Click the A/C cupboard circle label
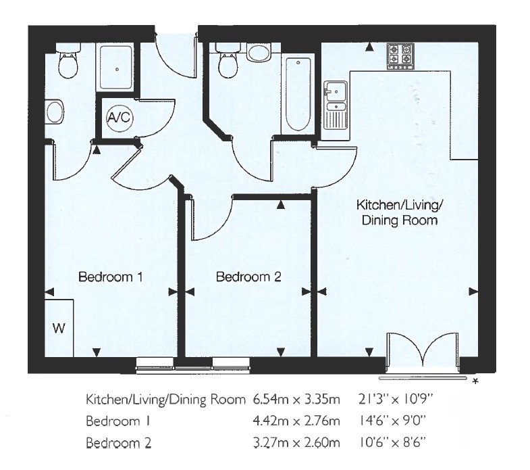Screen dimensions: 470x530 click(120, 118)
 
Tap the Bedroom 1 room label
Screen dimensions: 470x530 click(111, 277)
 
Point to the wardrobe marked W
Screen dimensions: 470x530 click(59, 328)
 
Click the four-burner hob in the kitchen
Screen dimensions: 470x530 click(399, 55)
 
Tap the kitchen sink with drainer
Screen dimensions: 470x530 click(335, 105)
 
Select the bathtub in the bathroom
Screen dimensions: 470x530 click(298, 95)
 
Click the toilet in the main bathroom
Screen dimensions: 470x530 click(227, 62)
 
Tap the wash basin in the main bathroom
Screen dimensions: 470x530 click(259, 52)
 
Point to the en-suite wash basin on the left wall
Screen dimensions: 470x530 click(54, 112)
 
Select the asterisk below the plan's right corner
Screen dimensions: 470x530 click(476, 383)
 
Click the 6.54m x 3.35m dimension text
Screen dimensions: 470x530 click(296, 400)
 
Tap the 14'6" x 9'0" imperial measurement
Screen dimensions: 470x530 click(390, 421)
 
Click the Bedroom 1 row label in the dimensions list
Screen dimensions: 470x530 click(117, 421)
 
